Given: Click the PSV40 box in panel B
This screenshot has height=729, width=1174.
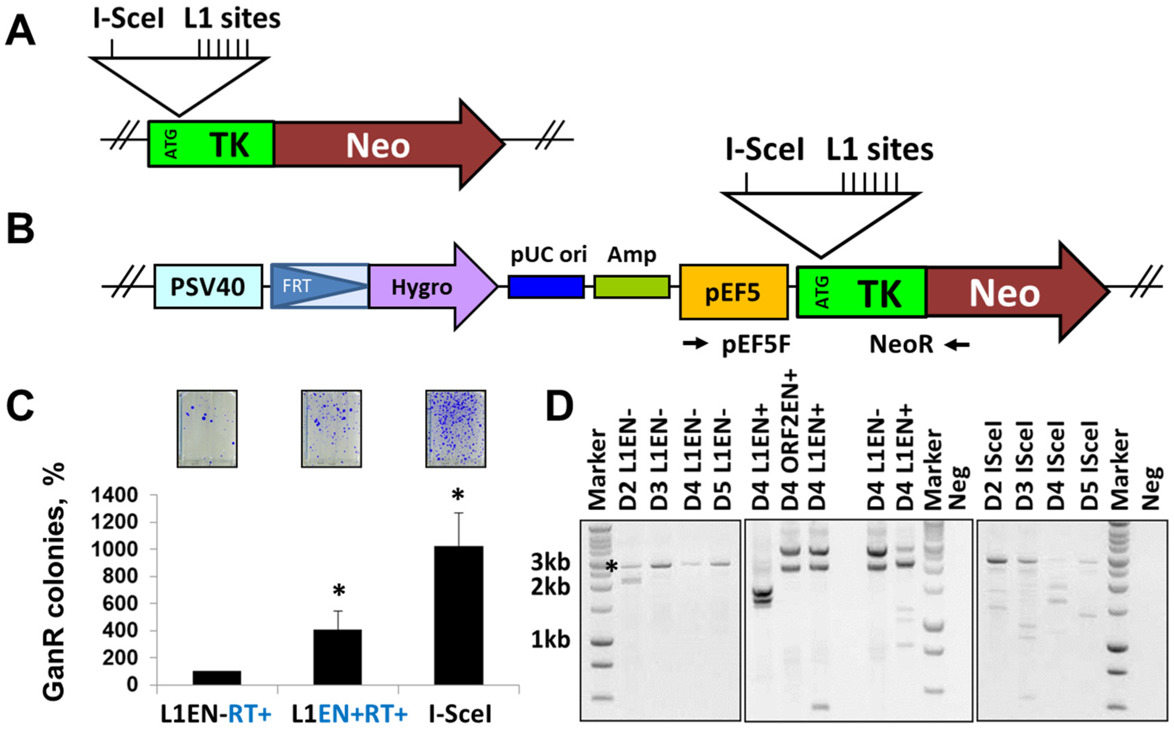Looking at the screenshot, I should pos(208,287).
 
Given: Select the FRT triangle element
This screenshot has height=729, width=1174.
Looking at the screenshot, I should pos(318,286).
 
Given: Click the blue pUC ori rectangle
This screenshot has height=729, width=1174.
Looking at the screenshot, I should pos(546,287).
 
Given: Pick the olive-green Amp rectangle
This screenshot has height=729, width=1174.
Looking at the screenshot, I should pos(631,287).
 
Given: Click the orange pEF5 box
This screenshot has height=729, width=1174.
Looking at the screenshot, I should pos(733,292).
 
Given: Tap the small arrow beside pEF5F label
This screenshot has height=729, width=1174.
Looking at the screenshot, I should pos(695,344).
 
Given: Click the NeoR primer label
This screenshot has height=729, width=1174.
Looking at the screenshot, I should pos(901,345).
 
